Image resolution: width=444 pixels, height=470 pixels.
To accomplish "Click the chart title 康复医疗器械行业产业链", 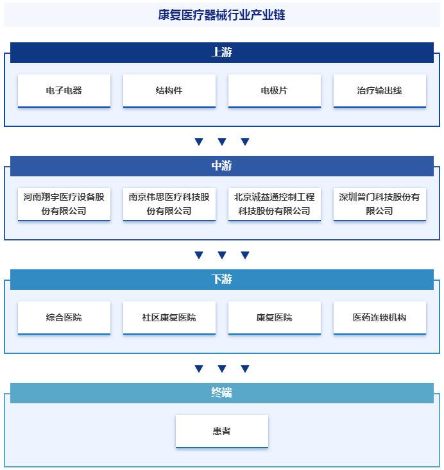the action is [222, 15].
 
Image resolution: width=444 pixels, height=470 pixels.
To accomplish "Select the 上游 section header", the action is [222, 53].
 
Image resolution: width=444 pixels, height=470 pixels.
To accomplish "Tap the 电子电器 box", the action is [64, 90].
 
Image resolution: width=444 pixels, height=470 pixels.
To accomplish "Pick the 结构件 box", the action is [169, 90].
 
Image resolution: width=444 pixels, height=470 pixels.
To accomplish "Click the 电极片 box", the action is [275, 90].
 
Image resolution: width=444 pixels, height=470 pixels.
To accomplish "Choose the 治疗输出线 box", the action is [380, 90].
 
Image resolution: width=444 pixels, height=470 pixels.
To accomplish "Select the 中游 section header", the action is [222, 166].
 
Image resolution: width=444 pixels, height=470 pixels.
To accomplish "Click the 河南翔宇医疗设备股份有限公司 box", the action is [64, 204].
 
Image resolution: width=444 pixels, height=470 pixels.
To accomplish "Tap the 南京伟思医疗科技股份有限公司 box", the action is [169, 204].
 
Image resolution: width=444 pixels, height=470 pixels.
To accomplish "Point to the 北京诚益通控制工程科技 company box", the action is [275, 204].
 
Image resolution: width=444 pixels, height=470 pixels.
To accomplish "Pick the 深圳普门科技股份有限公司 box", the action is [380, 204].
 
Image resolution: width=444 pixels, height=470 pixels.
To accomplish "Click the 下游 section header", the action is [222, 280].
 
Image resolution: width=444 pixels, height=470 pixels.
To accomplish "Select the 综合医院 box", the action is [64, 318].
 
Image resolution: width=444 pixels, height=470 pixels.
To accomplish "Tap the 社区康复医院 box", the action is [169, 318].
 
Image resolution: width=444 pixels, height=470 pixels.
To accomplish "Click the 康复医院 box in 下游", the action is [275, 318].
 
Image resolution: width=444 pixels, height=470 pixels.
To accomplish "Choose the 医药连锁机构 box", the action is [380, 318].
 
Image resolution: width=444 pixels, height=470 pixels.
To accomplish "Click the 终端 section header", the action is [222, 393].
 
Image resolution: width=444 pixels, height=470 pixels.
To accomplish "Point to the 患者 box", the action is [222, 432].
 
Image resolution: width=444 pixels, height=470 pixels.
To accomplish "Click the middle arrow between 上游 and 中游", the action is [222, 142].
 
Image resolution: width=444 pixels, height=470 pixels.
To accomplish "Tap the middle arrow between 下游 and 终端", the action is [222, 369].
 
